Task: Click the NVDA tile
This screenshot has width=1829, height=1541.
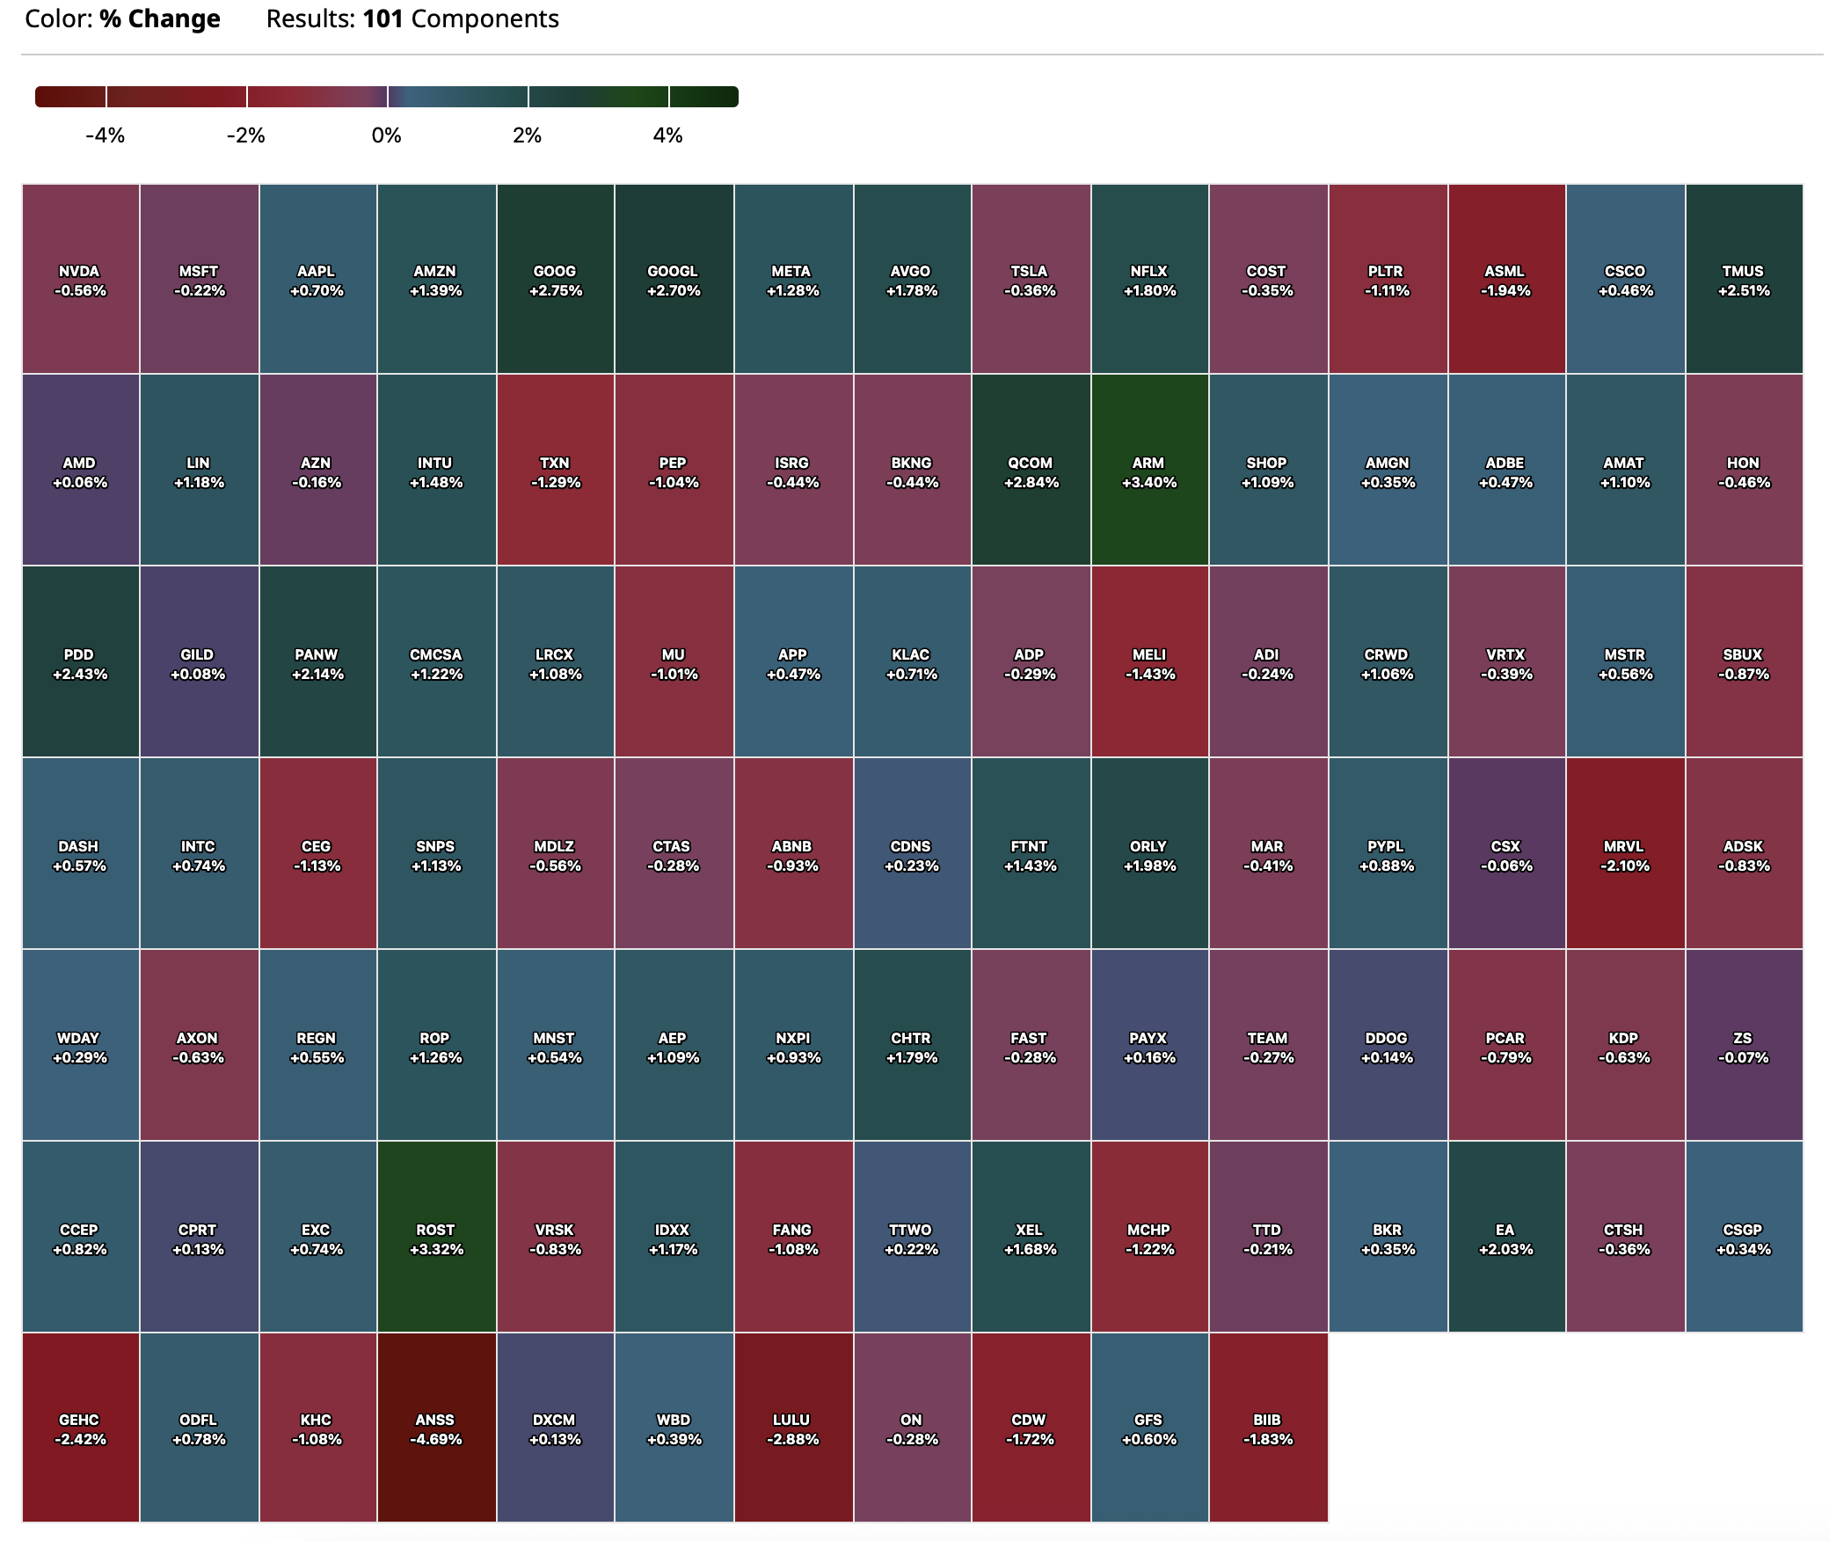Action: (80, 280)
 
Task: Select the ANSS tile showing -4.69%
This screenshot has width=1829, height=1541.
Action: (436, 1428)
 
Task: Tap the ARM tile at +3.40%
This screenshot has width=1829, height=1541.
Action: (1149, 471)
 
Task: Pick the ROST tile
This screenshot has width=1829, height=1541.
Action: (436, 1238)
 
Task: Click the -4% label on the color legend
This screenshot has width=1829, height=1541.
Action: (105, 135)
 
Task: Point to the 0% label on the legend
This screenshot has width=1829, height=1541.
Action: (386, 135)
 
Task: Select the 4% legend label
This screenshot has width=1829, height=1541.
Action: (667, 135)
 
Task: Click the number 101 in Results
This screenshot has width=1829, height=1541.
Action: (383, 19)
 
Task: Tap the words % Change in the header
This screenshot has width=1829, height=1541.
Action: (159, 19)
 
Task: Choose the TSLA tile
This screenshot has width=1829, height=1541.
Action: (1030, 280)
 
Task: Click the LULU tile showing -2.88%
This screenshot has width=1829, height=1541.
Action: (793, 1428)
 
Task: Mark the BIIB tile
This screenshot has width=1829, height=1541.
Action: (1268, 1428)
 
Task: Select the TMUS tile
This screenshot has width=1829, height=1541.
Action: (1744, 280)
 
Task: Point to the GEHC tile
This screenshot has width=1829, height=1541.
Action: (80, 1428)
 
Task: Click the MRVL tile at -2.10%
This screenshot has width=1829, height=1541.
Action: (1625, 855)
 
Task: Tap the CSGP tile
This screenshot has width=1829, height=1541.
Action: (1744, 1238)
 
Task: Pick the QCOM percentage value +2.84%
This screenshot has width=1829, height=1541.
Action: (1031, 483)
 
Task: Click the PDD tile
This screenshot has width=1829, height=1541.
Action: (80, 663)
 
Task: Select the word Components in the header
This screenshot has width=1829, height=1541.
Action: (485, 19)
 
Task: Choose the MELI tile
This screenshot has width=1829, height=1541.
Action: (1149, 663)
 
